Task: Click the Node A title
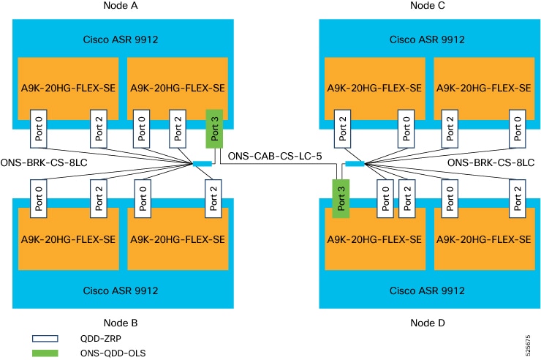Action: [122, 6]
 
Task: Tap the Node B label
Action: [122, 322]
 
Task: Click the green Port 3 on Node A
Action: [214, 129]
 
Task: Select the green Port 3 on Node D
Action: [340, 198]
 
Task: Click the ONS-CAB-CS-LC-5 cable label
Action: [270, 156]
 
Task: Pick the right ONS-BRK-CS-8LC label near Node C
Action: [491, 162]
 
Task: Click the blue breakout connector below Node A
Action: [203, 163]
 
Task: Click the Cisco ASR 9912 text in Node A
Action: [122, 39]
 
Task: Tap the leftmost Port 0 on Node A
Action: [39, 129]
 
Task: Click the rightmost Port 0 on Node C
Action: [518, 129]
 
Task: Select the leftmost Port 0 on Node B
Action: [39, 198]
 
